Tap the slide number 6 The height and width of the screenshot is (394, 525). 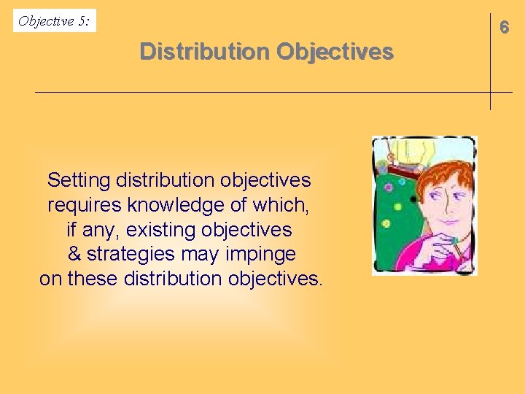point(503,27)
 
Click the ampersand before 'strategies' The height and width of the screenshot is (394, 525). point(74,254)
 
